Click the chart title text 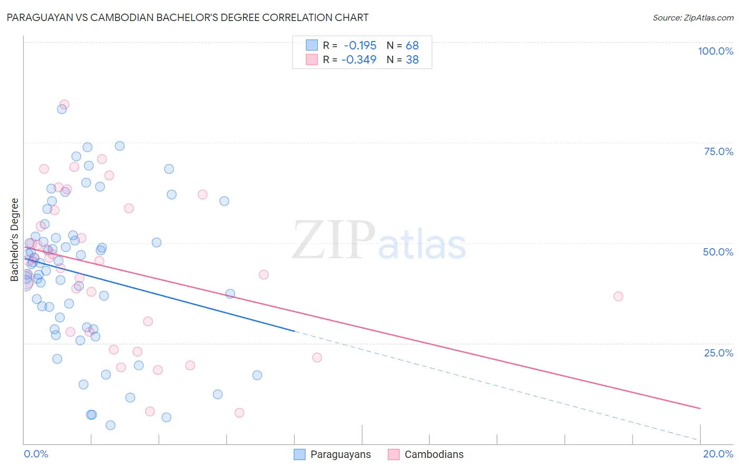click(x=187, y=17)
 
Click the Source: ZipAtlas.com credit click(x=693, y=17)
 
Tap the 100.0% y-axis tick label click(x=715, y=51)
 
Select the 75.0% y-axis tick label click(x=718, y=151)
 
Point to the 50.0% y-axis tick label click(x=718, y=252)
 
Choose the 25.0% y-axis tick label click(x=718, y=352)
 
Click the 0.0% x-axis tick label click(x=36, y=454)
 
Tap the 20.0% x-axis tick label click(x=718, y=454)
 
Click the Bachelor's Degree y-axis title click(x=15, y=240)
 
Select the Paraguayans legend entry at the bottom click(x=340, y=454)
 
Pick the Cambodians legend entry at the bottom click(x=434, y=454)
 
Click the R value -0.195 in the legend click(x=360, y=46)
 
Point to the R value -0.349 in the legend click(x=359, y=59)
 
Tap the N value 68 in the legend click(x=412, y=46)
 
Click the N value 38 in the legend click(x=412, y=59)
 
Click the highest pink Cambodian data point click(x=64, y=105)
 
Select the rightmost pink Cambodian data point click(x=618, y=297)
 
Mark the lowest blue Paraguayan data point click(x=111, y=425)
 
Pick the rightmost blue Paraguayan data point click(x=257, y=375)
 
